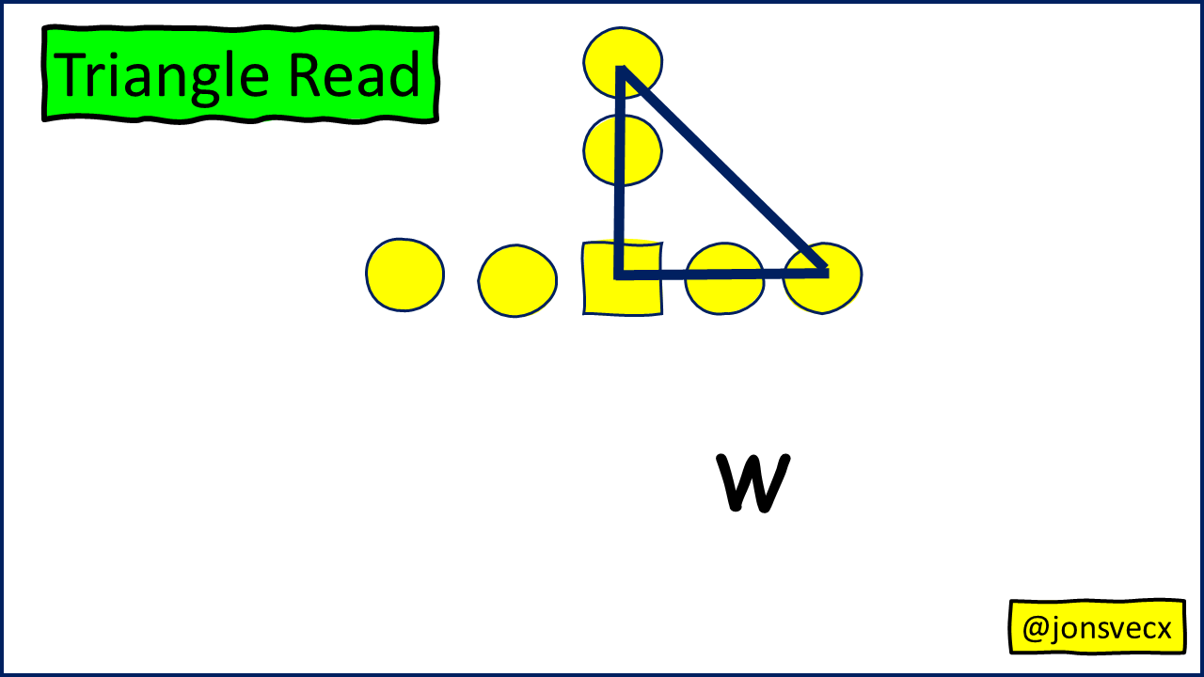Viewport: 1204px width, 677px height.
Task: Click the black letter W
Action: (752, 484)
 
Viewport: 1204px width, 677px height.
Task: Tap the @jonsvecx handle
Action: (1097, 627)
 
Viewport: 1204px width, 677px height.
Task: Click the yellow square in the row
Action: (622, 278)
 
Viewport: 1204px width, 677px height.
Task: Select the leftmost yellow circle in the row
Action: (404, 275)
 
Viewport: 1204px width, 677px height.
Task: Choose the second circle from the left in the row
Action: (517, 280)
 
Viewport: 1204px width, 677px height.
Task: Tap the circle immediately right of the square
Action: (723, 278)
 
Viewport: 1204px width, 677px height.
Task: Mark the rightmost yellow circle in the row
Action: (822, 278)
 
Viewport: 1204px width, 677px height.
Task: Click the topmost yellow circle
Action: (622, 62)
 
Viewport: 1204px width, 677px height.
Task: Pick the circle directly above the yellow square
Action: (622, 150)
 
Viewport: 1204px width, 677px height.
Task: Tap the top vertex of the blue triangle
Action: (621, 70)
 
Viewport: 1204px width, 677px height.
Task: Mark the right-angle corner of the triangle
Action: (618, 275)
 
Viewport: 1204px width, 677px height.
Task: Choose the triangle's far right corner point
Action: (825, 273)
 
